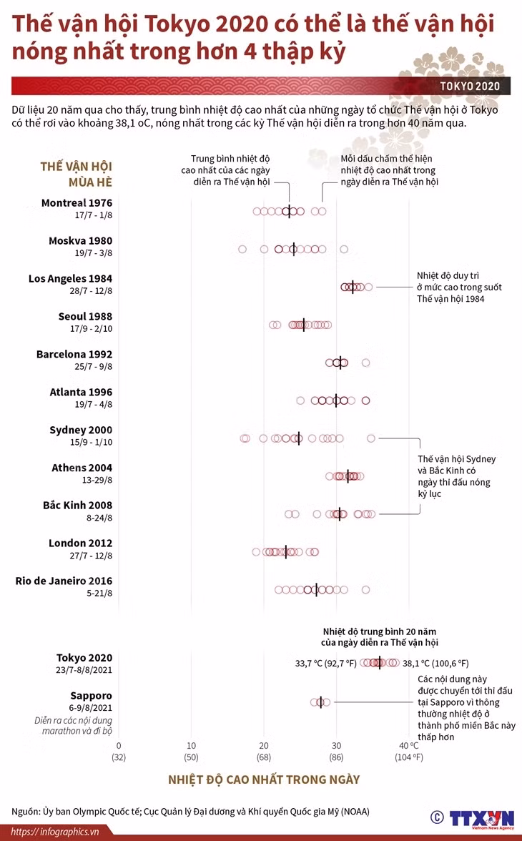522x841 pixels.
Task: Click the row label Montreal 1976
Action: pyautogui.click(x=77, y=203)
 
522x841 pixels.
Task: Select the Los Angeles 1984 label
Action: pyautogui.click(x=70, y=278)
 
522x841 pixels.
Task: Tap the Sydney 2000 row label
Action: pyautogui.click(x=81, y=430)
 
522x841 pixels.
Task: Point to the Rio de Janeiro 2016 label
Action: pyautogui.click(x=64, y=581)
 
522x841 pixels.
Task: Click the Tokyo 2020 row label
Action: pyautogui.click(x=84, y=658)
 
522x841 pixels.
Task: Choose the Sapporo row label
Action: pyautogui.click(x=92, y=696)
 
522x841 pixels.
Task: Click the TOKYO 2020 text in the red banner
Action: pyautogui.click(x=470, y=87)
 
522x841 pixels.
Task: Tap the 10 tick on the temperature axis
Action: pyautogui.click(x=192, y=745)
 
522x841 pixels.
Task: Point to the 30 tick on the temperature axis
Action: pyautogui.click(x=336, y=745)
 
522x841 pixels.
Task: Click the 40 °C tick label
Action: pyautogui.click(x=409, y=745)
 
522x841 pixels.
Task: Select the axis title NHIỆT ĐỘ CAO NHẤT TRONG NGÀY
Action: pyautogui.click(x=264, y=779)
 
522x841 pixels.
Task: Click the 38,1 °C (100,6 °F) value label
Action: pyautogui.click(x=435, y=664)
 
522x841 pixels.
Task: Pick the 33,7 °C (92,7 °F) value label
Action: pyautogui.click(x=325, y=664)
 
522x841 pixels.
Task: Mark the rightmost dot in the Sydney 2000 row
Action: pyautogui.click(x=370, y=439)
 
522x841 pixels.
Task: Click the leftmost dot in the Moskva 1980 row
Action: pyautogui.click(x=242, y=250)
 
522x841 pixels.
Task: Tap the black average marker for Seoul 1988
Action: pyautogui.click(x=304, y=325)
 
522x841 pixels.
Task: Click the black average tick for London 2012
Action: pyautogui.click(x=286, y=552)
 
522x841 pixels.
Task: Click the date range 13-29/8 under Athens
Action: pyautogui.click(x=97, y=480)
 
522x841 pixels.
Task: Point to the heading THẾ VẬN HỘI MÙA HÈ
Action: pyautogui.click(x=77, y=174)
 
